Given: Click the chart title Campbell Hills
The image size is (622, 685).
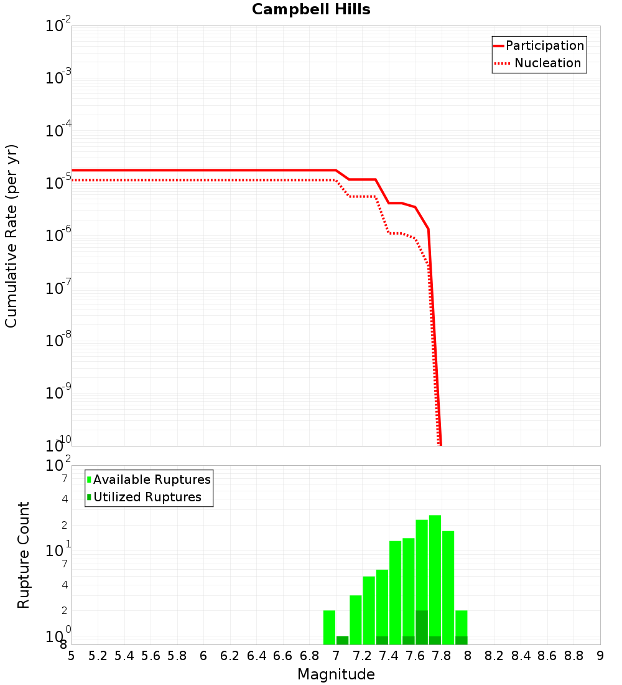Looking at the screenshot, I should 311,10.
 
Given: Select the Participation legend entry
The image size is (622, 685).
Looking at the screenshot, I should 539,46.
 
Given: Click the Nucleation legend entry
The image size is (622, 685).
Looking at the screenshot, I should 539,64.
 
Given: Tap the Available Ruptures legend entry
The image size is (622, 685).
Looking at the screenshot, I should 149,480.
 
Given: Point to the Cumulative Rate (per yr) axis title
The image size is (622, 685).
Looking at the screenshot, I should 11,236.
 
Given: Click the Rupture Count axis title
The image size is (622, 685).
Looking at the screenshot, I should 24,555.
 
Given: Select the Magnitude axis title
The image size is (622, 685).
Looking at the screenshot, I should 336,674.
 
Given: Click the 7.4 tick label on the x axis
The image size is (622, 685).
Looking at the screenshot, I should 389,656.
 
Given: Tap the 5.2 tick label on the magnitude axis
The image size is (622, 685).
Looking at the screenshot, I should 98,656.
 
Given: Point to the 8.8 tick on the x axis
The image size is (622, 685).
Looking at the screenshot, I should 573,656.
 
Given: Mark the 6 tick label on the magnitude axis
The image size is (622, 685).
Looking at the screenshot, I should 203,656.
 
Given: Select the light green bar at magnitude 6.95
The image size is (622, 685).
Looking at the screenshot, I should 329,627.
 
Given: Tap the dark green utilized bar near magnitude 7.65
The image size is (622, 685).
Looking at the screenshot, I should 422,628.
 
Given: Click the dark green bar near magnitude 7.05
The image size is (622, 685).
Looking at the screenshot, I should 342,640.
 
